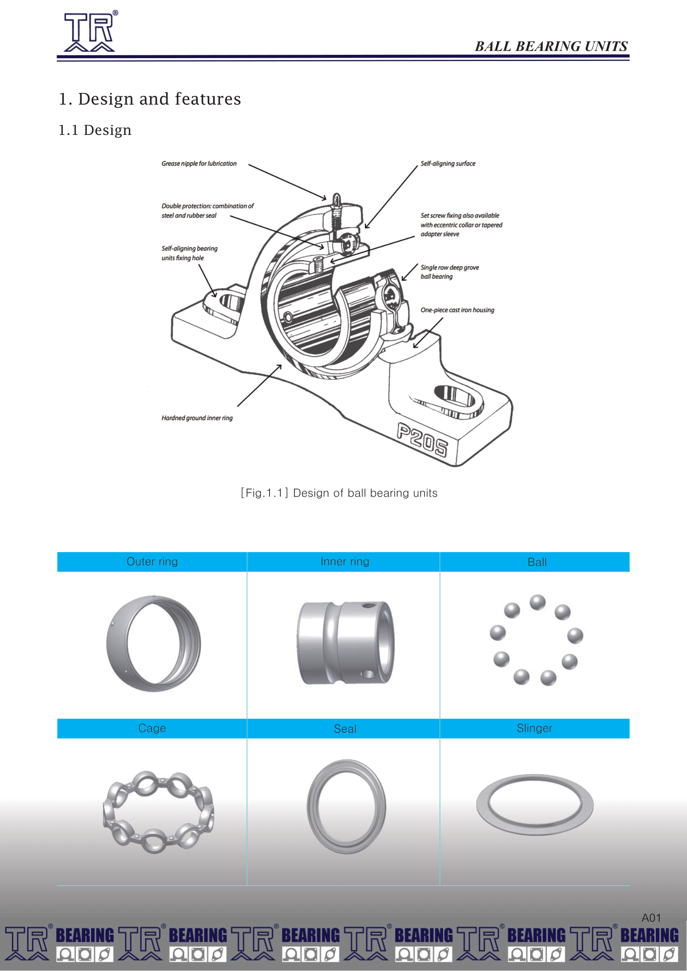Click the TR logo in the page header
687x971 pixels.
[90, 31]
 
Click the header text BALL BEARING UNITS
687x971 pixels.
[551, 46]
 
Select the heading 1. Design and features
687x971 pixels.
[150, 98]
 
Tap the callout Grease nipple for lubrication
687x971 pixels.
[199, 164]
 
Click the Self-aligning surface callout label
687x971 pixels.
[448, 164]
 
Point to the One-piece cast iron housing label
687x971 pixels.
[457, 310]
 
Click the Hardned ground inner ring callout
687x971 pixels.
[197, 418]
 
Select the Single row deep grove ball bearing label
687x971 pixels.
[449, 272]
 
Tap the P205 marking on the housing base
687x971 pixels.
[422, 440]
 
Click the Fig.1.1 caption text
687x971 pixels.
[339, 493]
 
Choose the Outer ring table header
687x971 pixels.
[152, 562]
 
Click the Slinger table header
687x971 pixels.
[534, 728]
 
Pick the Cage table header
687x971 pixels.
[152, 728]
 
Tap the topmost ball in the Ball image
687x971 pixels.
[537, 602]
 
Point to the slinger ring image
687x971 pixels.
[535, 805]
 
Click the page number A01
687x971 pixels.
[650, 918]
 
